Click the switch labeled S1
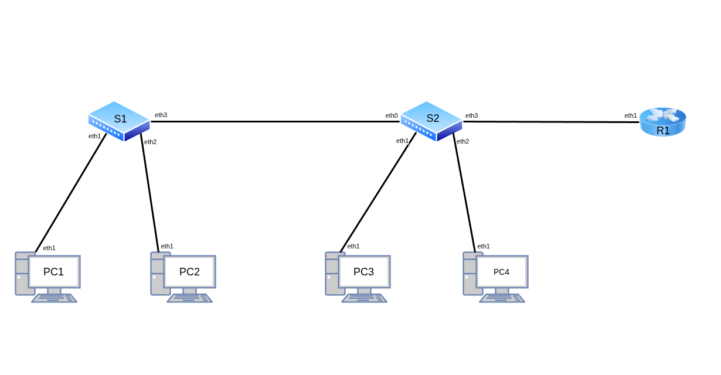[x=119, y=121]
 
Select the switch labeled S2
[x=431, y=121]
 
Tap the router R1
[x=662, y=122]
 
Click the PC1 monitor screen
[x=54, y=272]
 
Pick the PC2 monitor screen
[x=189, y=272]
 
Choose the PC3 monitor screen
[x=364, y=272]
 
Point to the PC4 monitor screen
[x=502, y=272]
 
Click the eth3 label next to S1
[x=161, y=115]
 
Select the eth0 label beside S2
[x=392, y=115]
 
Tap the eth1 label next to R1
[x=631, y=115]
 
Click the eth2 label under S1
[x=151, y=142]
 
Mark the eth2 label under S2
[x=463, y=141]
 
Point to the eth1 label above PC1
[x=49, y=248]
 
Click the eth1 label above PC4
[x=484, y=246]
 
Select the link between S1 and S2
[x=276, y=121]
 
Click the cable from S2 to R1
[x=551, y=122]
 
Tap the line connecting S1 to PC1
[x=70, y=193]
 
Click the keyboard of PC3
[x=364, y=298]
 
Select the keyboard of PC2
[x=189, y=298]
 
